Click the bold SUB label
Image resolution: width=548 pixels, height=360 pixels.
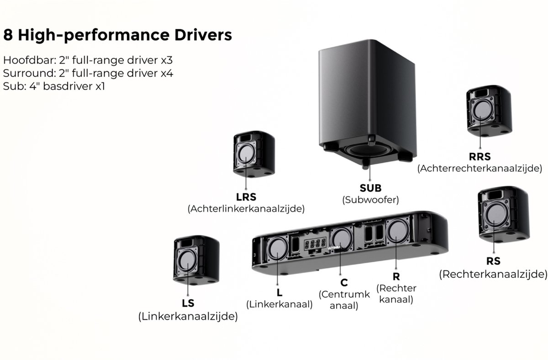pyautogui.click(x=370, y=188)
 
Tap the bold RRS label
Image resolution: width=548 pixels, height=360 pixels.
pyautogui.click(x=480, y=157)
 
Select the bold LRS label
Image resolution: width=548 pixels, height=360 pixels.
pyautogui.click(x=246, y=197)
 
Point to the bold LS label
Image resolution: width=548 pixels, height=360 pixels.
pyautogui.click(x=188, y=303)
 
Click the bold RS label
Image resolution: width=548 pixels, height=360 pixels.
pyautogui.click(x=493, y=261)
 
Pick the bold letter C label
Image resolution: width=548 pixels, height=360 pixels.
pyautogui.click(x=344, y=283)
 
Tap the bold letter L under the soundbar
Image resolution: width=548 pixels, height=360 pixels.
pyautogui.click(x=279, y=293)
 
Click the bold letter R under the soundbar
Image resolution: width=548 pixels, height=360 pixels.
pyautogui.click(x=396, y=277)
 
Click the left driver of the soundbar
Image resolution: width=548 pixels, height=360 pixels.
pyautogui.click(x=278, y=249)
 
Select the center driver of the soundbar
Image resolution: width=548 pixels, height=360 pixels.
pyautogui.click(x=342, y=238)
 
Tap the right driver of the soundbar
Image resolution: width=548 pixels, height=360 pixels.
pyautogui.click(x=398, y=231)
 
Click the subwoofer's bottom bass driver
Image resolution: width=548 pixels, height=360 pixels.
pyautogui.click(x=370, y=150)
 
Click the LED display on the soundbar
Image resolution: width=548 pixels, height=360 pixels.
pyautogui.click(x=315, y=244)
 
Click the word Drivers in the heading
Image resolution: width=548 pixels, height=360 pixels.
pyautogui.click(x=203, y=35)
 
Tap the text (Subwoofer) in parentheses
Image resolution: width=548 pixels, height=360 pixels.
pyautogui.click(x=370, y=200)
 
